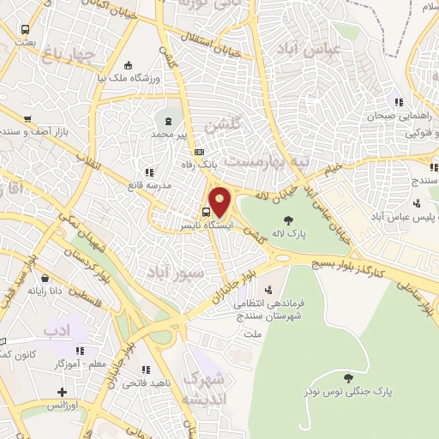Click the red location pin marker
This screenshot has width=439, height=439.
(220, 201)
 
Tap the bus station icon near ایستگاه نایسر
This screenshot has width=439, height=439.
(207, 211)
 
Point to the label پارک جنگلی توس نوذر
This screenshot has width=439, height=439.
(346, 391)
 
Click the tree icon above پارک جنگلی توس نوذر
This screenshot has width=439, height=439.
(346, 377)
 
